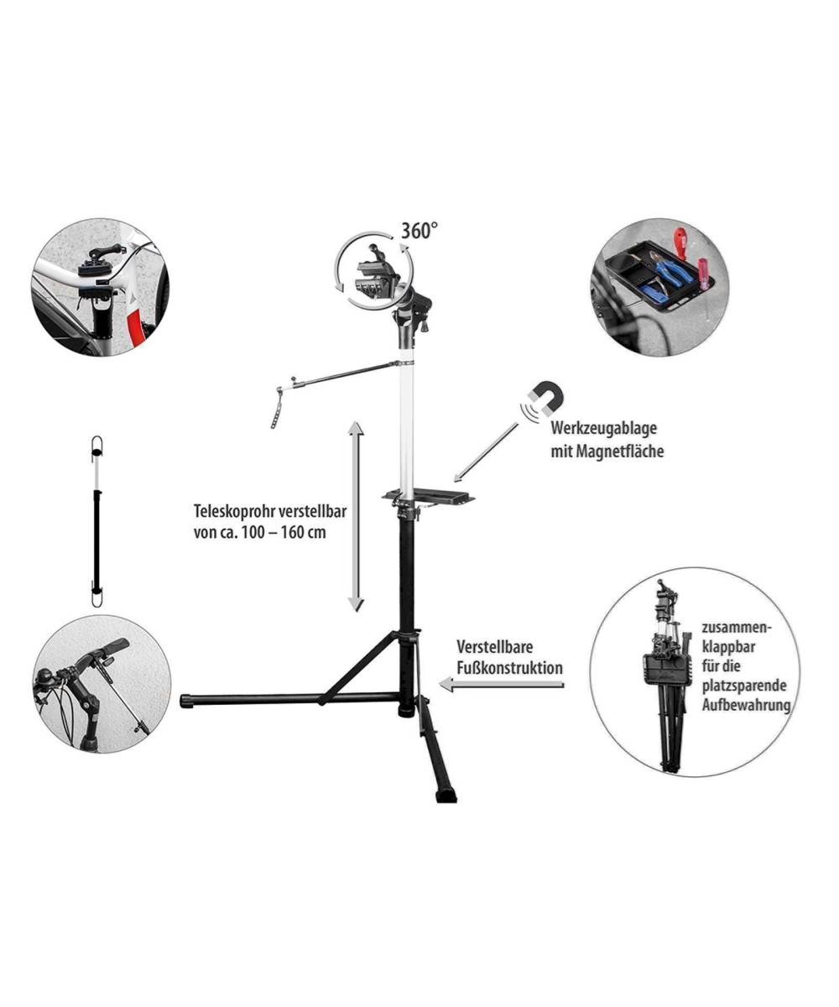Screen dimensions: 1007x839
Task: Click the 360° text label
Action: (x=419, y=230)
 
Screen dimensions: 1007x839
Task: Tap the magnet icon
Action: (x=544, y=397)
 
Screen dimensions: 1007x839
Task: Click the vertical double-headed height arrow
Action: (x=356, y=516)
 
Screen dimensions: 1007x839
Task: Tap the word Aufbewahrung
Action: (x=746, y=706)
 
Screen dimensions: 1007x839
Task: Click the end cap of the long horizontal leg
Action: (x=185, y=700)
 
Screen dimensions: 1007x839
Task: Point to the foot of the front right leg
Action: (x=446, y=794)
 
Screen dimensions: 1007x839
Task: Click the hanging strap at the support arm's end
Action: (x=277, y=408)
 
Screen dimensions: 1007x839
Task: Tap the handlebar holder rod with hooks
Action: (x=97, y=520)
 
